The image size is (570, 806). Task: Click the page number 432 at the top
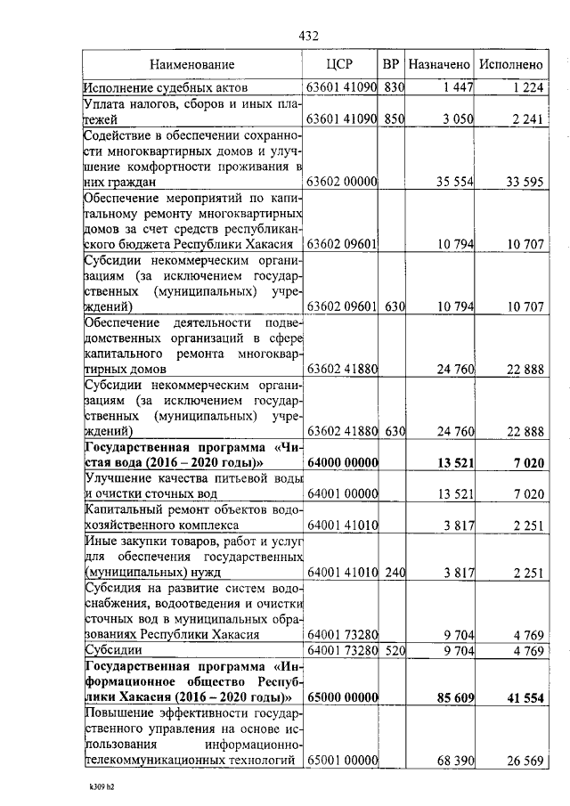coord(308,36)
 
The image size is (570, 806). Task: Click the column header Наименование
coord(191,65)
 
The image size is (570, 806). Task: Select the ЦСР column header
coord(342,65)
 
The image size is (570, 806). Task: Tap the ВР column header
coord(391,65)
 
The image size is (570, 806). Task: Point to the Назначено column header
coord(439,65)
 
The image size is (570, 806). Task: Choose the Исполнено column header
coord(510,65)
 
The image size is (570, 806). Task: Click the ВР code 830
coord(395,87)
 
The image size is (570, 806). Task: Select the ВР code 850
coord(395,119)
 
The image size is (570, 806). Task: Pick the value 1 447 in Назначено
coord(456,87)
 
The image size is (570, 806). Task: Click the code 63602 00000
coord(342,182)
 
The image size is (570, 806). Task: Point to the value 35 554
coord(452,182)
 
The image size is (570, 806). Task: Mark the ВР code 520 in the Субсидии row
coord(395,651)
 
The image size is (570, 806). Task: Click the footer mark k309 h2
coord(103,786)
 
